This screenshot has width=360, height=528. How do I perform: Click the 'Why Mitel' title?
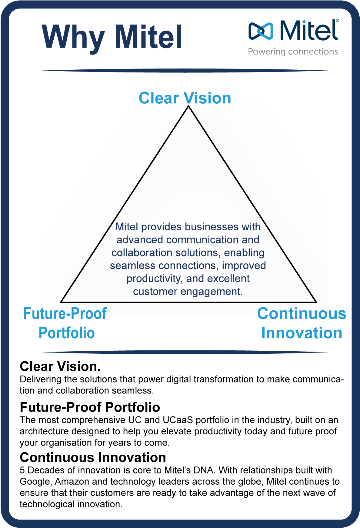[x=112, y=37]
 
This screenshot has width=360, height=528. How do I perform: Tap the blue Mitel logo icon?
[x=261, y=31]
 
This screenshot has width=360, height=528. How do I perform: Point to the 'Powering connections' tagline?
[x=293, y=52]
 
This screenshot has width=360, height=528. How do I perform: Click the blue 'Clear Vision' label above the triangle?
[x=185, y=98]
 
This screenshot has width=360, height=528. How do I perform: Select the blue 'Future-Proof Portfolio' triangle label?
[x=65, y=323]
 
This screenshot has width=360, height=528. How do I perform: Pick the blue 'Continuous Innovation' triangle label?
[x=302, y=323]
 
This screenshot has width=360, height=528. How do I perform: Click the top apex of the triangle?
[x=188, y=107]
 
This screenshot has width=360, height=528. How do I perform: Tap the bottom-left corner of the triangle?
[x=62, y=302]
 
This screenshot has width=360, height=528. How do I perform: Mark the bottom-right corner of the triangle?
[x=316, y=302]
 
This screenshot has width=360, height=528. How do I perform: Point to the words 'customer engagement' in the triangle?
[x=188, y=292]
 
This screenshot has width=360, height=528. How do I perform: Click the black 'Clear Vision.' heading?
[x=60, y=366]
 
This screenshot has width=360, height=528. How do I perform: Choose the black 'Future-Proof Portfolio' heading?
[x=90, y=407]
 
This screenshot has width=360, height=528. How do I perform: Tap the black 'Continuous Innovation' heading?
[x=93, y=457]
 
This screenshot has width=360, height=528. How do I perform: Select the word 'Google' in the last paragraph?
[x=35, y=482]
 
